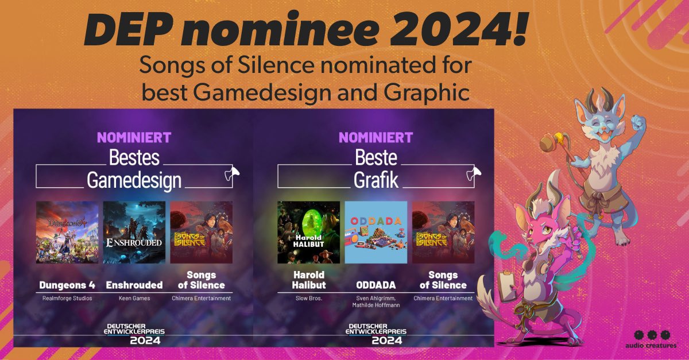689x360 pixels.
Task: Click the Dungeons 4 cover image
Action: (x=67, y=232)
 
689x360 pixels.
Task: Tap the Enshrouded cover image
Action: (x=134, y=232)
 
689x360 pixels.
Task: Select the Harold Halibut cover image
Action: (x=308, y=232)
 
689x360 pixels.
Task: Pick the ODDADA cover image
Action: (x=376, y=232)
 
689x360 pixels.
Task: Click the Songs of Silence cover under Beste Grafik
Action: (x=443, y=232)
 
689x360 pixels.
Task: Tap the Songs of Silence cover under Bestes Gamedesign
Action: (x=202, y=232)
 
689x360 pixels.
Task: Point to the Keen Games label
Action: (x=134, y=299)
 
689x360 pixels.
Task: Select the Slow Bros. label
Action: (x=308, y=299)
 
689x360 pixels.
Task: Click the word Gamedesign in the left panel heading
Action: (x=134, y=180)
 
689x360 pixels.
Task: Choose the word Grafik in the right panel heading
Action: (x=376, y=180)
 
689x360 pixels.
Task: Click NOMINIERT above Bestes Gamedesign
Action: (x=134, y=138)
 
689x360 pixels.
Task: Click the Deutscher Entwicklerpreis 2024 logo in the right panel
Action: (x=376, y=333)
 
